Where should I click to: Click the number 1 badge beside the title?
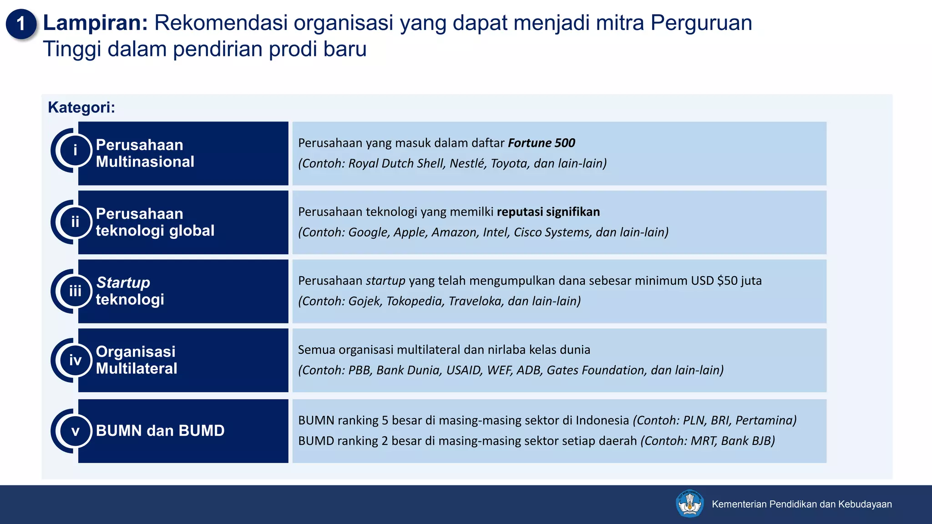pyautogui.click(x=21, y=24)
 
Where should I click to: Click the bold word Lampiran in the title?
pyautogui.click(x=95, y=23)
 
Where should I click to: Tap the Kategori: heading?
pyautogui.click(x=81, y=107)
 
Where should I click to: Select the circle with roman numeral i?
pyautogui.click(x=75, y=150)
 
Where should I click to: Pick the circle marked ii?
pyautogui.click(x=75, y=222)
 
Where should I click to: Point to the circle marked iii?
pyautogui.click(x=75, y=291)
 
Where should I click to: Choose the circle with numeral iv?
pyautogui.click(x=75, y=360)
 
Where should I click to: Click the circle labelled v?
pyautogui.click(x=75, y=431)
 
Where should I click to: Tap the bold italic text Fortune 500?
pyautogui.click(x=541, y=143)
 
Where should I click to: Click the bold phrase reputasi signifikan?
pyautogui.click(x=548, y=212)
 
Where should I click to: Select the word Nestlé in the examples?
pyautogui.click(x=468, y=163)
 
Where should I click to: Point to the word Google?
pyautogui.click(x=369, y=232)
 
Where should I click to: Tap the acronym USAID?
pyautogui.click(x=463, y=370)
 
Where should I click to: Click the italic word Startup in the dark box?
pyautogui.click(x=123, y=282)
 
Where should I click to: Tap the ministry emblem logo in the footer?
pyautogui.click(x=689, y=504)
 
